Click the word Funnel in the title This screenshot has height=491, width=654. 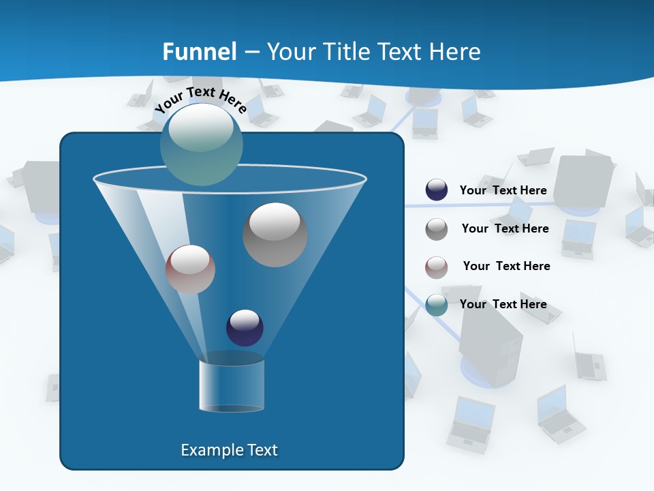tap(200, 52)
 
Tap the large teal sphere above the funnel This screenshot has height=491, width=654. tap(201, 144)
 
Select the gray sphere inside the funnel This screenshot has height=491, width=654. tap(275, 235)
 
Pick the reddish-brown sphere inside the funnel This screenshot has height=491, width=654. tap(190, 269)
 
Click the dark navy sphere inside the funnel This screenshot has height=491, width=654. tap(245, 327)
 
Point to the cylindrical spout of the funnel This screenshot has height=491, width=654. tap(232, 385)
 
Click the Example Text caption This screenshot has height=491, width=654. tap(230, 450)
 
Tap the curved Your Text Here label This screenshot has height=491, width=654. tap(200, 100)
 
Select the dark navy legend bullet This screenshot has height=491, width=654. tap(437, 190)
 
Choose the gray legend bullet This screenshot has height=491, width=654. tap(437, 229)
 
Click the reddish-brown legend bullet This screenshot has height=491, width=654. tap(437, 267)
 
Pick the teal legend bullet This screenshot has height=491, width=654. tap(437, 305)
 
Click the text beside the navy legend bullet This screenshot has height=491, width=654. tap(503, 190)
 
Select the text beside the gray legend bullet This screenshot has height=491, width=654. tap(505, 228)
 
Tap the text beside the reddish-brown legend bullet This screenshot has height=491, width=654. tap(506, 266)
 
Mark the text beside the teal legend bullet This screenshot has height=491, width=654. tap(503, 304)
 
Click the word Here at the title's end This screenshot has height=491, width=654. tap(457, 52)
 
